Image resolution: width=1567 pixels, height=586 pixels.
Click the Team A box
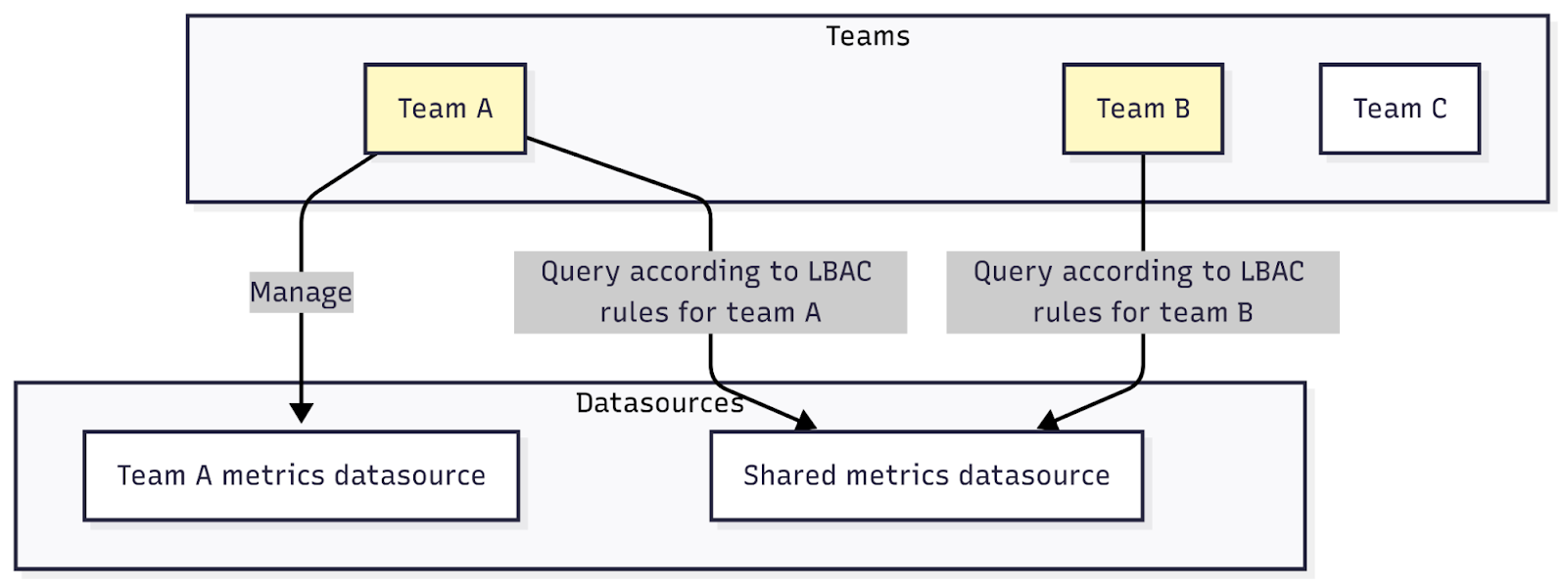(445, 109)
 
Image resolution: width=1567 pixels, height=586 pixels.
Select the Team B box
(1142, 109)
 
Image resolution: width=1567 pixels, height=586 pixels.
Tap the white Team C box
(1399, 109)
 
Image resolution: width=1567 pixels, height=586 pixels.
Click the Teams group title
(868, 36)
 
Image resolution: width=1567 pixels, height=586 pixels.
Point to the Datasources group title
(659, 403)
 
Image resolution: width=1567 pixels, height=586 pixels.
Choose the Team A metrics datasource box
(301, 475)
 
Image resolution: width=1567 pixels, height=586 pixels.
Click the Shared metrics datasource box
(926, 475)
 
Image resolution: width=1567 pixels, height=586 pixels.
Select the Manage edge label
(301, 292)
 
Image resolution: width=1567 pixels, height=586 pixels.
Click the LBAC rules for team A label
(710, 293)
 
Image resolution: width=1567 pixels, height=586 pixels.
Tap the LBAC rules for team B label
(1142, 293)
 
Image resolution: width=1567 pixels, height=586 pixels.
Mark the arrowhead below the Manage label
(301, 412)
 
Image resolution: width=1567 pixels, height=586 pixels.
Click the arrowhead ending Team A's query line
(806, 422)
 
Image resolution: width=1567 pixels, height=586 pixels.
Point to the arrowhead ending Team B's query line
(1049, 422)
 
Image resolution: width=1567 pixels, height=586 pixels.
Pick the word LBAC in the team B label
(1271, 271)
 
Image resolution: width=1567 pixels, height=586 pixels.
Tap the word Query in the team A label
(581, 272)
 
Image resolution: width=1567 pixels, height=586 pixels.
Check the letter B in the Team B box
(1181, 109)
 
